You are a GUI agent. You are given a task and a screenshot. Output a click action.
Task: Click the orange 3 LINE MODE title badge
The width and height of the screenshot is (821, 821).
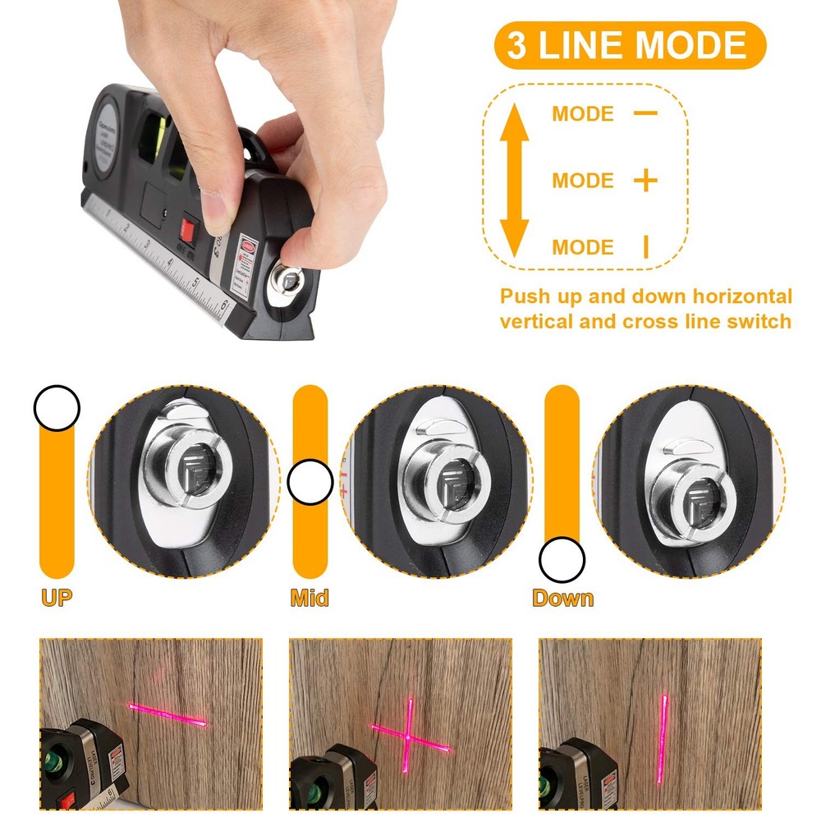point(629,45)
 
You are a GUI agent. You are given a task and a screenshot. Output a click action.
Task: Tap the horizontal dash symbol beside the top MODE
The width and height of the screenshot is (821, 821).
point(645,112)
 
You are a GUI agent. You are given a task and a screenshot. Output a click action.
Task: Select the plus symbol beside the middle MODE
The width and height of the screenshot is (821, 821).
point(646,180)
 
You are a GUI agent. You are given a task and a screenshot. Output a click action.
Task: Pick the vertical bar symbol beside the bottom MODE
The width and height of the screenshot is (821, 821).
point(645,246)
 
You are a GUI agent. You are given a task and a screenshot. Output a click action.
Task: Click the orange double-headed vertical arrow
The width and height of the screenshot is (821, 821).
point(515,180)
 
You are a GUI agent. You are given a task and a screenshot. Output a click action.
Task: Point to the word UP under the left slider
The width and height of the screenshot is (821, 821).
point(57,598)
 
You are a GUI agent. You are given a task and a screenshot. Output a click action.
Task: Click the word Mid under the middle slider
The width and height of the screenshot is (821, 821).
point(310,598)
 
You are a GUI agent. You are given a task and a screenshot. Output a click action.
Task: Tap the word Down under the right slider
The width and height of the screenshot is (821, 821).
point(562,598)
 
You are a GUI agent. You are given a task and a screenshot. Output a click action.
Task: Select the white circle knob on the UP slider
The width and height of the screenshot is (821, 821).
point(57,408)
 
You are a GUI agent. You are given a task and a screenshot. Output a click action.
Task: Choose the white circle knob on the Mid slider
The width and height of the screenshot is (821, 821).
point(310,483)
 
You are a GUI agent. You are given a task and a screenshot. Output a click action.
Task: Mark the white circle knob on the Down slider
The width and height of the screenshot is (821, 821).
point(562,560)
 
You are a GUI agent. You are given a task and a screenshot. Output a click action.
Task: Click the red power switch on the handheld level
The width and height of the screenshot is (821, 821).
point(190,229)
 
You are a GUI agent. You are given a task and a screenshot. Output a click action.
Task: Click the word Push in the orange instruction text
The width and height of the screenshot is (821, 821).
point(525,296)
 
